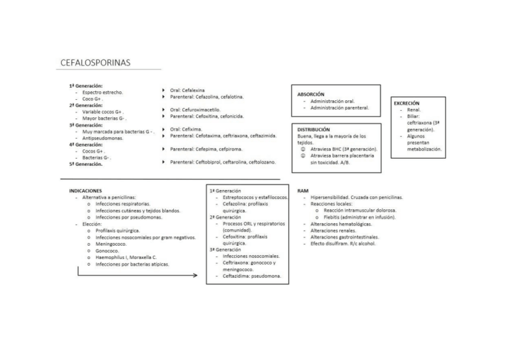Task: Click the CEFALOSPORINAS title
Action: click(x=96, y=63)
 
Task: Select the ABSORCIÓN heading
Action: click(x=311, y=94)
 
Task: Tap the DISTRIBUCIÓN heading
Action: click(x=313, y=129)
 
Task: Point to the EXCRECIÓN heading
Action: click(x=407, y=103)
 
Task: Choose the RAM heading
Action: click(x=303, y=191)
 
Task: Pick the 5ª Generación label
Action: click(x=86, y=164)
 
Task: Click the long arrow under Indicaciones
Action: click(x=138, y=275)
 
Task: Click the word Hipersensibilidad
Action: click(x=330, y=197)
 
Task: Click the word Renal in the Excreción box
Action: click(x=414, y=110)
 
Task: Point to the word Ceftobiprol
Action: click(x=210, y=162)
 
